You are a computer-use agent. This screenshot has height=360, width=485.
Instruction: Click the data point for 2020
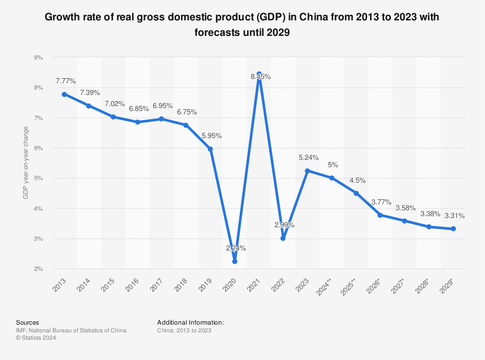pyautogui.click(x=235, y=261)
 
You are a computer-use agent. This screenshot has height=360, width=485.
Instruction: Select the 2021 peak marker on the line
pyautogui.click(x=259, y=74)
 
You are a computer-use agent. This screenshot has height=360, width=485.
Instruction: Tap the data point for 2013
pyautogui.click(x=65, y=94)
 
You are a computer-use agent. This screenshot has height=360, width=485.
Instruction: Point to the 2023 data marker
pyautogui.click(x=307, y=171)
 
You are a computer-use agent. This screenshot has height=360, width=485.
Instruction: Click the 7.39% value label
pyautogui.click(x=90, y=93)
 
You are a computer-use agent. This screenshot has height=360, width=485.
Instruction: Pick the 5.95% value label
pyautogui.click(x=211, y=136)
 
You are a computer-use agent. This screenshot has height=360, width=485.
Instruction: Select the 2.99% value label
pyautogui.click(x=284, y=225)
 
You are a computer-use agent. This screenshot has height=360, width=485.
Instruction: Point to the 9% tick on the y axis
pyautogui.click(x=38, y=57)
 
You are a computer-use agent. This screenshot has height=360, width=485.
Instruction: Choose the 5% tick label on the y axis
pyautogui.click(x=38, y=178)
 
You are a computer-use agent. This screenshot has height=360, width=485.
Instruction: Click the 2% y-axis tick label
pyautogui.click(x=38, y=269)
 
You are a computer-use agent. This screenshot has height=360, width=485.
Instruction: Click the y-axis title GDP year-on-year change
pyautogui.click(x=26, y=163)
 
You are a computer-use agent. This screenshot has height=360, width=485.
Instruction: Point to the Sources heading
pyautogui.click(x=28, y=322)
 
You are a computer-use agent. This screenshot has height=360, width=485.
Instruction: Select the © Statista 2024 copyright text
pyautogui.click(x=36, y=338)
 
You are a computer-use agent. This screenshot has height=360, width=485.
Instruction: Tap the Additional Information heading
pyautogui.click(x=190, y=322)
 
